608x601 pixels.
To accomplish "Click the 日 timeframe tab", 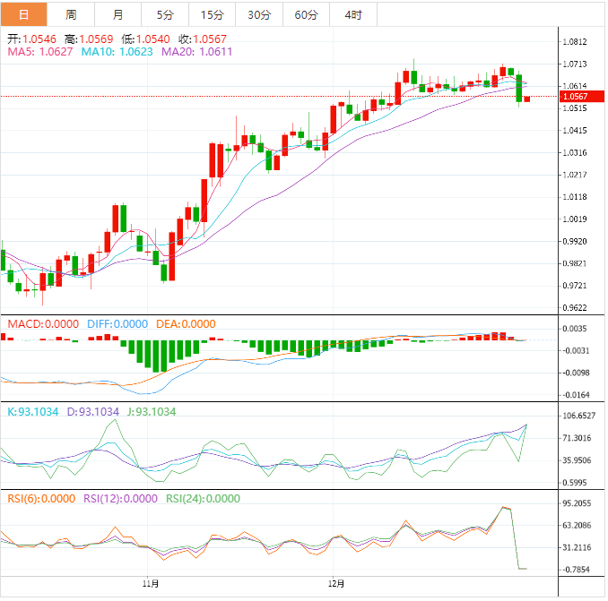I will (22, 14).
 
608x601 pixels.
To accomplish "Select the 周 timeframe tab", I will (71, 14).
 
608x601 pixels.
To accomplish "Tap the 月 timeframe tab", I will (118, 14).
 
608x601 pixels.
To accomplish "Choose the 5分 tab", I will (165, 14).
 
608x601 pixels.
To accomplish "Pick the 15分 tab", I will (213, 14).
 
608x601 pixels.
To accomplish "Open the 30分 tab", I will (259, 14).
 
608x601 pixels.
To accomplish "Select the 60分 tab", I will (306, 14).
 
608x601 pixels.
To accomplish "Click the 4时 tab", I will (352, 14).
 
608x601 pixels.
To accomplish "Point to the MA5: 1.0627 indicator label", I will (40, 52).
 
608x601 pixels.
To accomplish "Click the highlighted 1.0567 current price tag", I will (574, 97).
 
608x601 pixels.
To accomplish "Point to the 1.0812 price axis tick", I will (574, 42).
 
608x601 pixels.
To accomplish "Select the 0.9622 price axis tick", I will (574, 307).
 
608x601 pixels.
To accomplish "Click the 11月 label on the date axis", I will (152, 583).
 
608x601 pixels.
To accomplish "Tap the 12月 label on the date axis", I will (336, 583).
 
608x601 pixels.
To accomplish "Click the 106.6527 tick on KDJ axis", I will (579, 416).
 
